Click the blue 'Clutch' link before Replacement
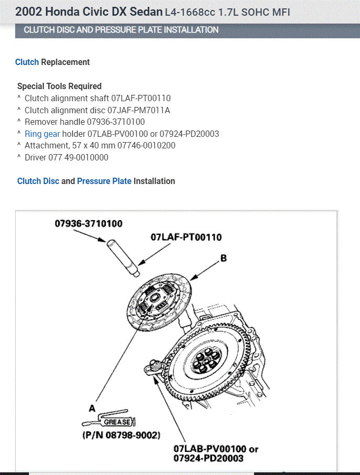(27, 62)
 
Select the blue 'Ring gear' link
(42, 134)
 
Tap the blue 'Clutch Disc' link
(38, 181)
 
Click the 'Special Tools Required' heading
(59, 86)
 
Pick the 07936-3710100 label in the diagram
(89, 224)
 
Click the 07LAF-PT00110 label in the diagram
(186, 237)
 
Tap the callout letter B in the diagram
(223, 258)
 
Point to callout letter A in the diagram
(92, 407)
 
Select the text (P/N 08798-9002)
(121, 435)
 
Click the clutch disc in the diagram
(155, 304)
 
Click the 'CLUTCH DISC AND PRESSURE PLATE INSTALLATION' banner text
(121, 30)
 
